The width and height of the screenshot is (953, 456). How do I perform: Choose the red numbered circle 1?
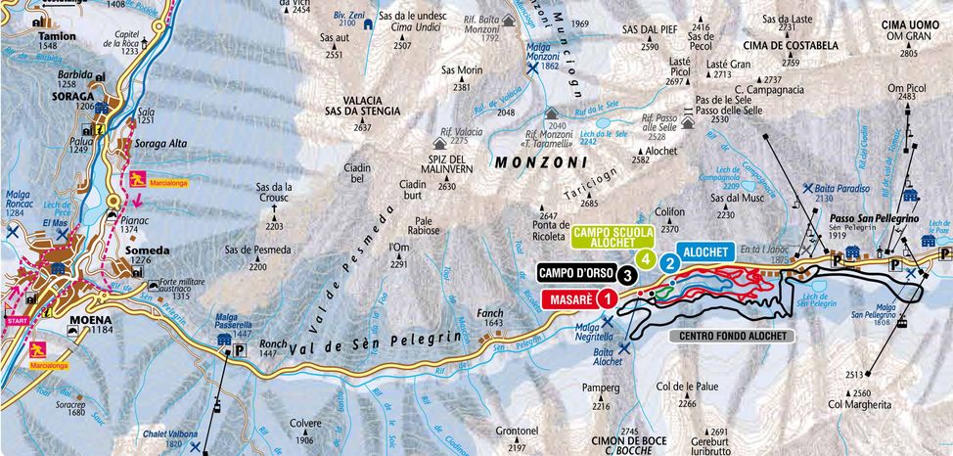tap(608, 297)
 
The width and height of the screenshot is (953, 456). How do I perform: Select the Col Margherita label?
tap(860, 403)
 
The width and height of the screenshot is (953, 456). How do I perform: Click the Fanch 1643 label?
tap(489, 317)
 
